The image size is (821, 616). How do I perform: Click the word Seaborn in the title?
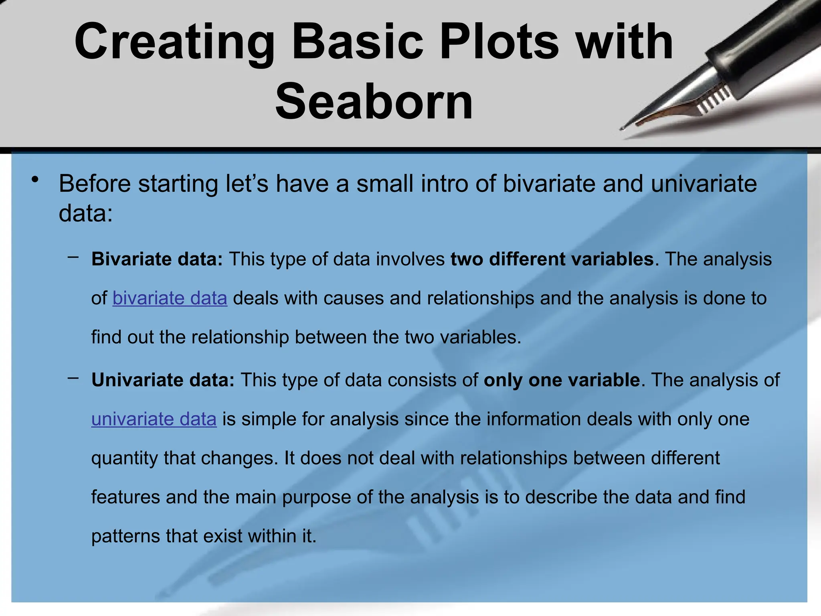[374, 101]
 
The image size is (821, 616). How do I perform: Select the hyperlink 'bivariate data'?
[170, 298]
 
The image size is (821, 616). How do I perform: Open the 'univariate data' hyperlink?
[154, 419]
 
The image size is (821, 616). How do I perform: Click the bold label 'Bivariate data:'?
[157, 259]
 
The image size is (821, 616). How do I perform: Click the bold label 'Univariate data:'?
[163, 380]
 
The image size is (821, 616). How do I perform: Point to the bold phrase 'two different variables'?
[552, 259]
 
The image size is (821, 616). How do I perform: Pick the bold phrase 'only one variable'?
[562, 380]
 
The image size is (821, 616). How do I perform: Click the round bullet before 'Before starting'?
[35, 179]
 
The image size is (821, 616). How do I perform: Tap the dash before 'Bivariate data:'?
[73, 257]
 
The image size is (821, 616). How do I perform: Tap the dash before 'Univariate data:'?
[73, 378]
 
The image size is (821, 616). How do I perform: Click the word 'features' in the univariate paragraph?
[125, 497]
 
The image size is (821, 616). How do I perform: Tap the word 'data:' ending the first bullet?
[85, 213]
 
